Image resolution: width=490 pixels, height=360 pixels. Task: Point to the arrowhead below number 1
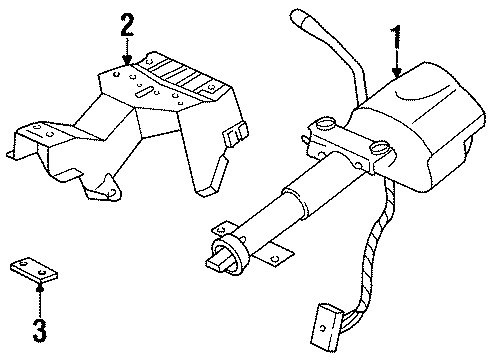pos(397,75)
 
